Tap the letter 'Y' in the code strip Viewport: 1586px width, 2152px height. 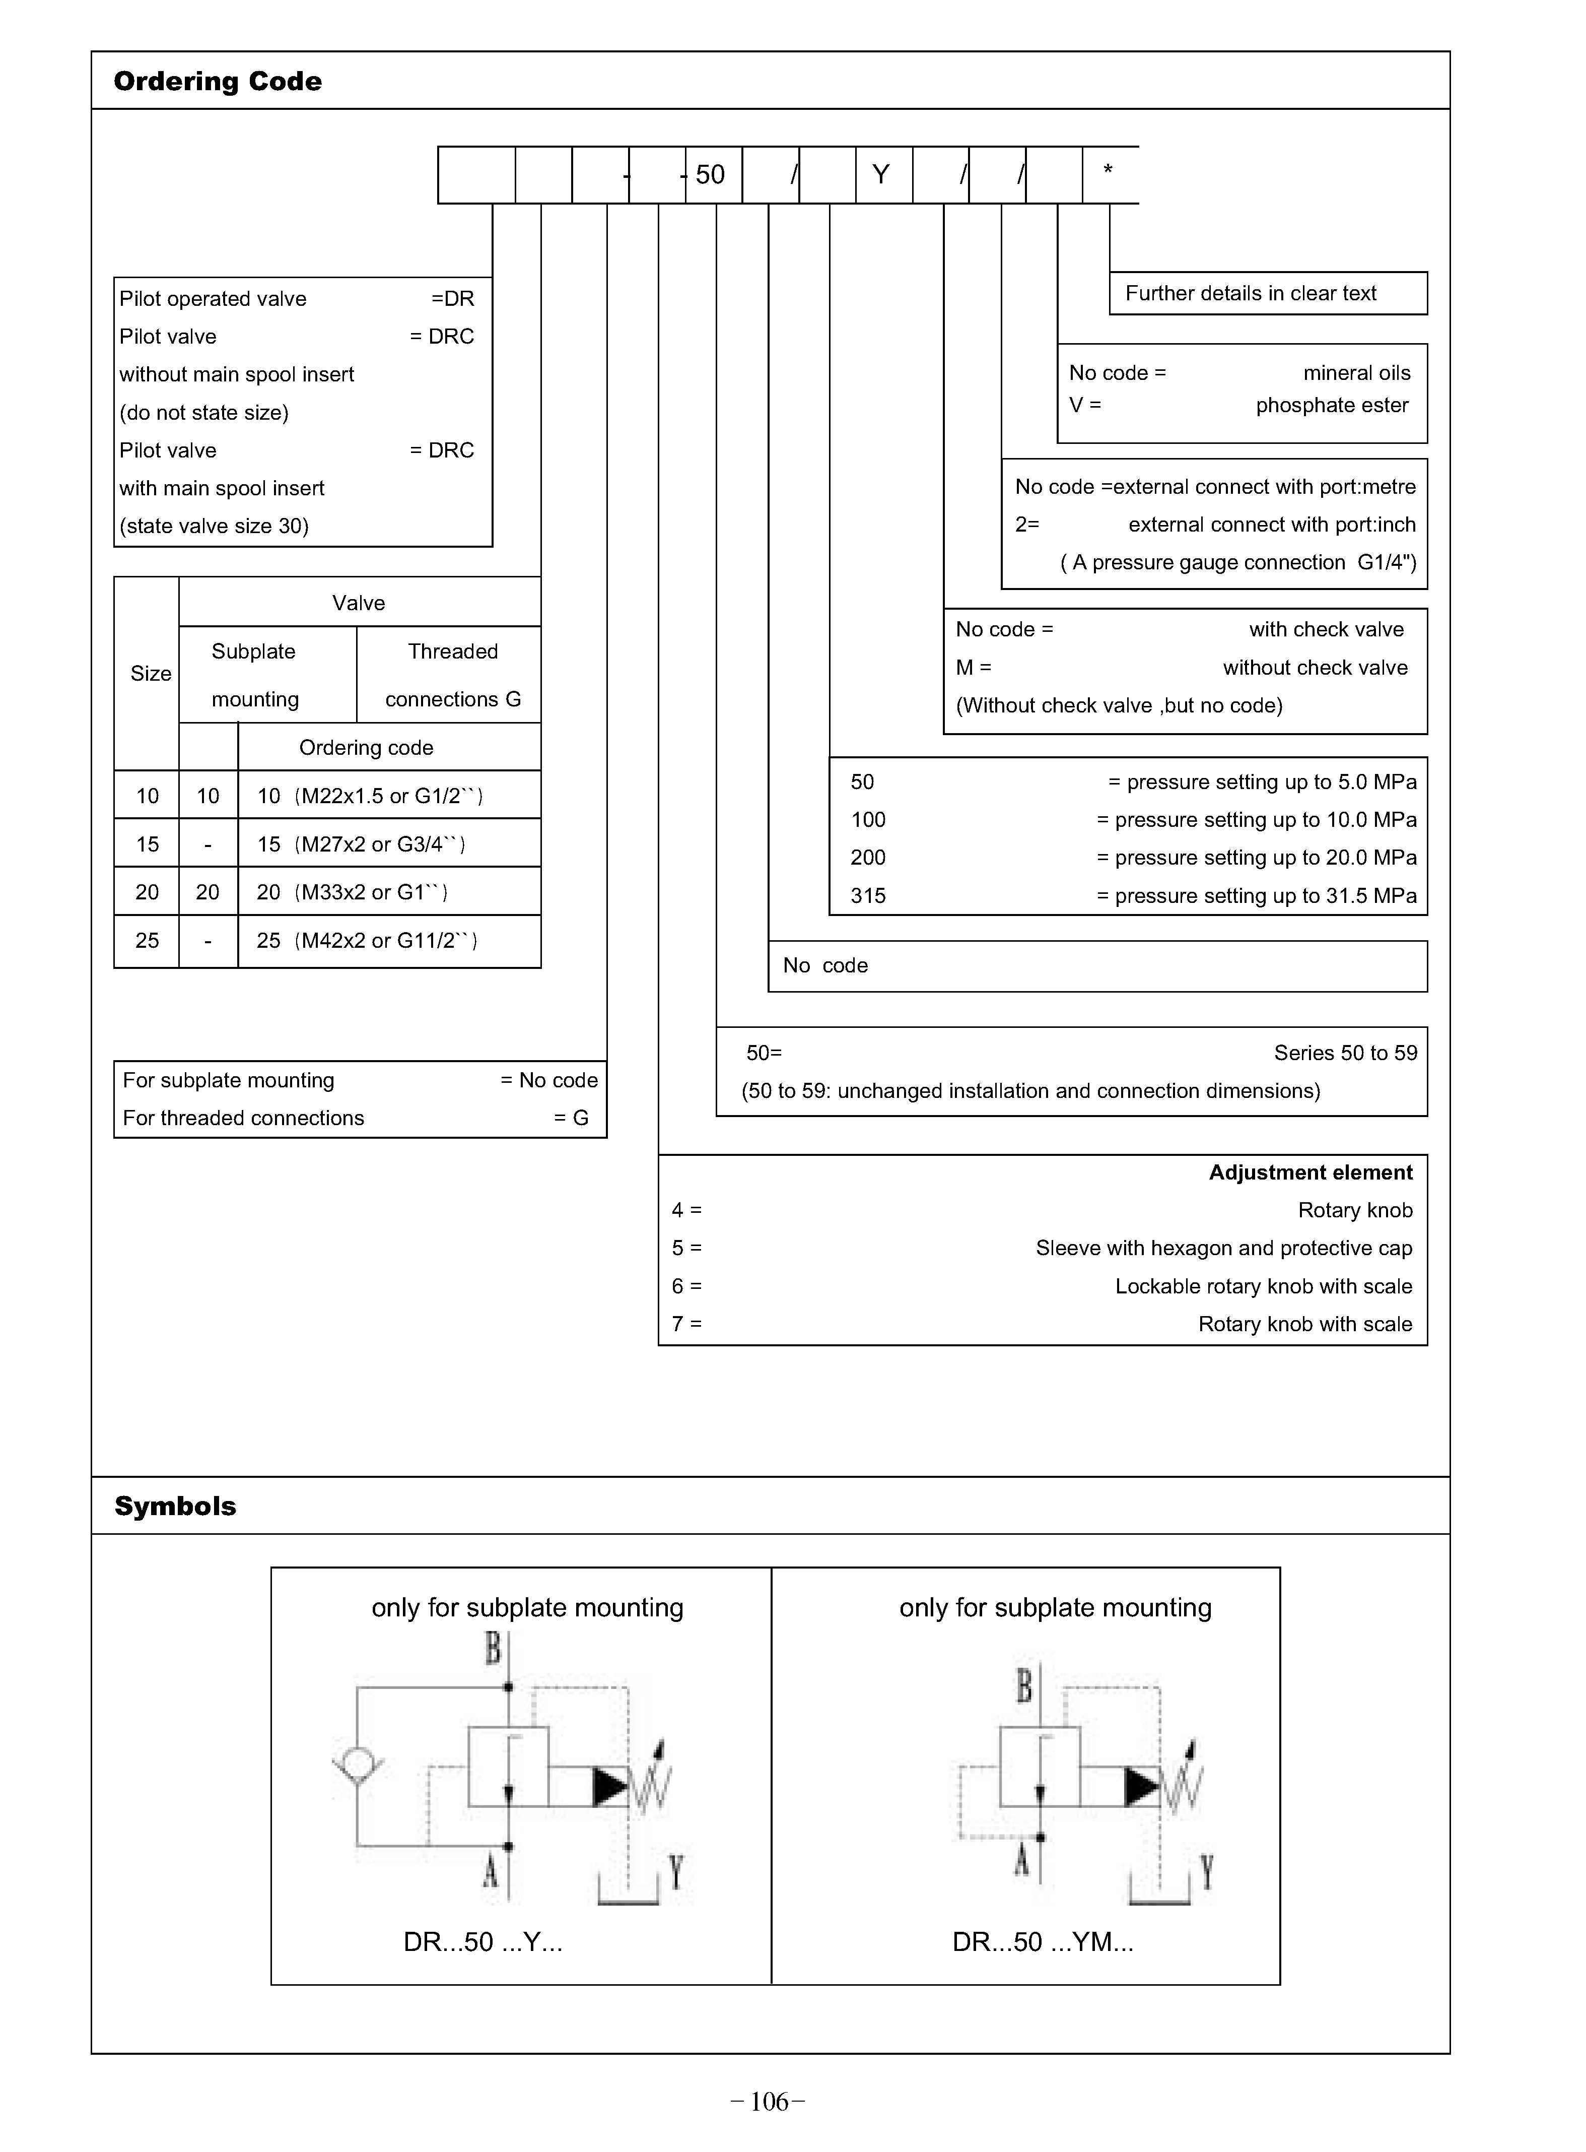pyautogui.click(x=880, y=175)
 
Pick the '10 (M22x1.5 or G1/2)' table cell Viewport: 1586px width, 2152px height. pyautogui.click(x=370, y=796)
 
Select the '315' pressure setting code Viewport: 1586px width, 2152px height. pyautogui.click(x=868, y=896)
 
